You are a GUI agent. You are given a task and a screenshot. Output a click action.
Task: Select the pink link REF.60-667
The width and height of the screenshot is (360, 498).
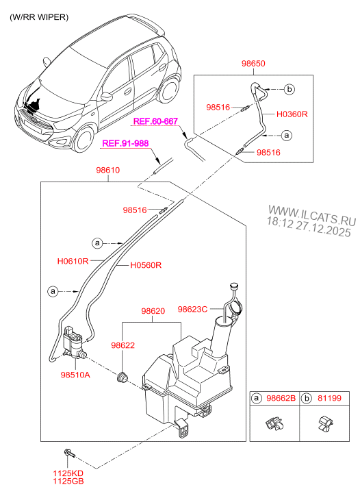[x=155, y=121]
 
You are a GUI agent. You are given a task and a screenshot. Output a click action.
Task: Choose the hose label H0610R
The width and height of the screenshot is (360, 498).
[x=73, y=261]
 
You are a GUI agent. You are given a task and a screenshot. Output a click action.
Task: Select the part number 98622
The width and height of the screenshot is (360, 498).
[x=124, y=347]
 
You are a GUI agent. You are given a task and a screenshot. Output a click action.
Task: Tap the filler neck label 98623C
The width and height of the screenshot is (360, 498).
[x=192, y=309]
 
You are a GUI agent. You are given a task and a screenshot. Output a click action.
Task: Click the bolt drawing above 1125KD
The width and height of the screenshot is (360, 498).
[x=70, y=454]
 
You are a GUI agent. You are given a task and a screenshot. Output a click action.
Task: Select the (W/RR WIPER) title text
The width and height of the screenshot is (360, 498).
[x=39, y=17]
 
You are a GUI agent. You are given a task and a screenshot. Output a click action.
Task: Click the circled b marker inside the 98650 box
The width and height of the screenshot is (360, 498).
[x=288, y=90]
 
